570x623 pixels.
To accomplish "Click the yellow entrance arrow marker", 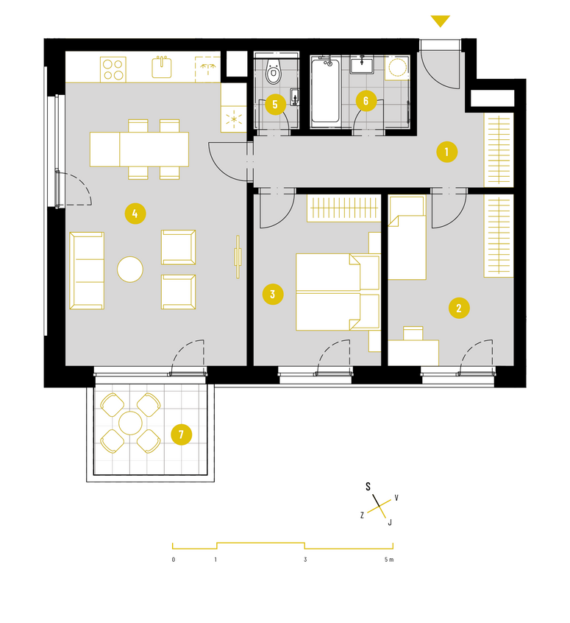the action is pos(441,21).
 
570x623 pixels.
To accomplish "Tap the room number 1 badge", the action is pos(447,152).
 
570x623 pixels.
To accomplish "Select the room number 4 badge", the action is pos(135,214).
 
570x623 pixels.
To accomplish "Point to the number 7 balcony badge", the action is pos(182,434).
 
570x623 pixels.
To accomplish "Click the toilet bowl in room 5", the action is pos(273,71).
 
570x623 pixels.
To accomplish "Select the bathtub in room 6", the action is pos(325,91).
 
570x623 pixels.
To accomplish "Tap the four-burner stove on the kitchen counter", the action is pos(113,69).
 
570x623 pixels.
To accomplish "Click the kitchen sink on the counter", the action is pos(162,67).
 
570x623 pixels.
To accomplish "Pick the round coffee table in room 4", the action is pos(130,270).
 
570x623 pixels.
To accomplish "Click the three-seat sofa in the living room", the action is pos(87,270).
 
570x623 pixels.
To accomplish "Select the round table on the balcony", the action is pos(130,423).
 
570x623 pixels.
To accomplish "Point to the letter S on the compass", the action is pos(368,486).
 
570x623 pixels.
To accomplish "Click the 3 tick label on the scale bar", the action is pos(305,560).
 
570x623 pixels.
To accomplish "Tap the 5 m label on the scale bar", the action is pos(389,560).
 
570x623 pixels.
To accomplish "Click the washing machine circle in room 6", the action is pos(398,68).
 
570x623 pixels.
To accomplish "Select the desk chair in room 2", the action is pos(413,334).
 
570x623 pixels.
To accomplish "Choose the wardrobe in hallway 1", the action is pos(499,149).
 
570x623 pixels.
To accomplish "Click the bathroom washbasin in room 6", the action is pos(362,65).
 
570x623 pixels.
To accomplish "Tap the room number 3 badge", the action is pos(273,295).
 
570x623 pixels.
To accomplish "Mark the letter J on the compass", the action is pos(390,522).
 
